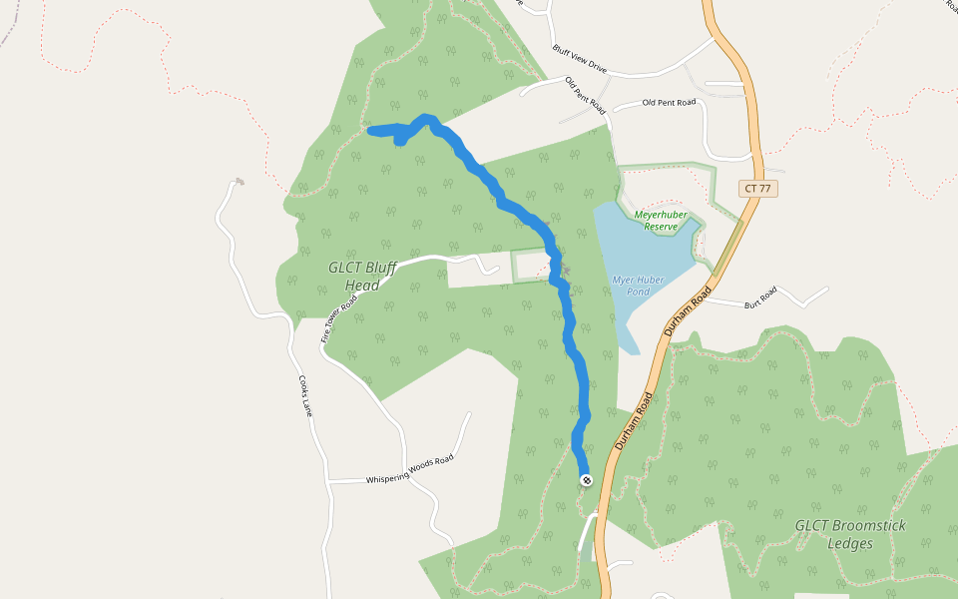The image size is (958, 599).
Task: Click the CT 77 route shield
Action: (759, 188)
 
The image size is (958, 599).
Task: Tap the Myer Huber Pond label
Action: (637, 287)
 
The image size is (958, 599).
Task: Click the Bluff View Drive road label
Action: (579, 57)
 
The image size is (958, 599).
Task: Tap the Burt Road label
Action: (760, 297)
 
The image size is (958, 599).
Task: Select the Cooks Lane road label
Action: (305, 395)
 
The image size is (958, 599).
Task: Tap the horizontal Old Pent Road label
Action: (669, 103)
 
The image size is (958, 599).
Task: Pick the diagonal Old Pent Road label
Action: (585, 94)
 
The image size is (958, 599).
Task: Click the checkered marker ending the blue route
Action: (586, 480)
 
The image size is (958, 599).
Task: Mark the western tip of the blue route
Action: (371, 130)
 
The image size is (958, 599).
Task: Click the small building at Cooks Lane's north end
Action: (239, 182)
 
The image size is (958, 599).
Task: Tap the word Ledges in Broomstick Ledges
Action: (850, 544)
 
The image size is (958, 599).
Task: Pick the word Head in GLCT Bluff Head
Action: (362, 286)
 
